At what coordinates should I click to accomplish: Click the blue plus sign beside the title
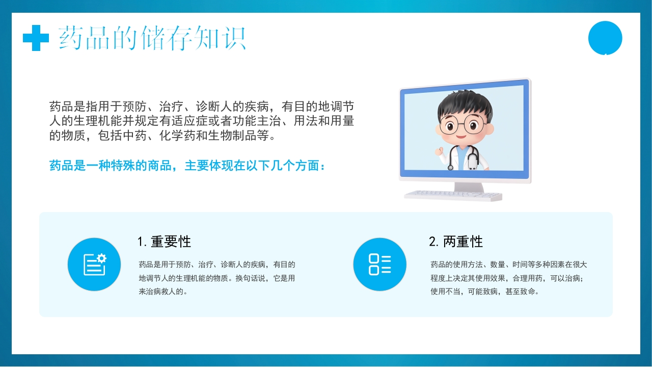[x=36, y=38]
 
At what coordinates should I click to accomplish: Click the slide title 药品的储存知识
[x=152, y=38]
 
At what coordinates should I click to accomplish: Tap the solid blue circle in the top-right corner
[x=605, y=38]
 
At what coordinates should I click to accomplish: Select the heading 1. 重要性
[x=164, y=242]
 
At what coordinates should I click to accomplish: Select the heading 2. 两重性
[x=456, y=242]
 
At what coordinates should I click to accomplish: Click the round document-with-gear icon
[x=94, y=265]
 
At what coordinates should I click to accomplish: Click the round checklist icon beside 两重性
[x=380, y=265]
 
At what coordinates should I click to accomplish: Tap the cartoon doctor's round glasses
[x=463, y=125]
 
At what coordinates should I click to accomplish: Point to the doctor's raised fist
[x=439, y=151]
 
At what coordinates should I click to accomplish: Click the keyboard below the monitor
[x=453, y=195]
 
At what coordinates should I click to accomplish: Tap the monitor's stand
[x=469, y=187]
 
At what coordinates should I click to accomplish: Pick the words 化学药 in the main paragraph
[x=177, y=136]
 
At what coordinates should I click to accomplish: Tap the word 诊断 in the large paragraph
[x=208, y=107]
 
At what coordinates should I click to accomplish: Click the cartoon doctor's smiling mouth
[x=461, y=136]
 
